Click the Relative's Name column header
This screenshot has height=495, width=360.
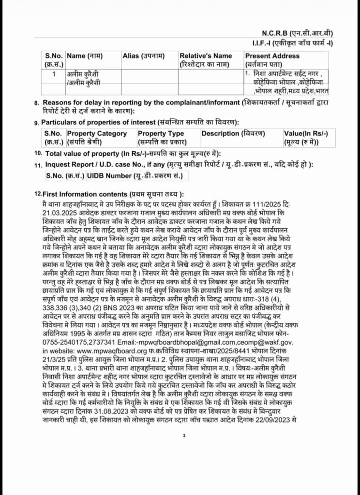pyautogui.click(x=206, y=56)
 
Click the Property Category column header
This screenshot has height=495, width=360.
pyautogui.click(x=97, y=133)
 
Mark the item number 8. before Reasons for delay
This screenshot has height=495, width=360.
pyautogui.click(x=37, y=102)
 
